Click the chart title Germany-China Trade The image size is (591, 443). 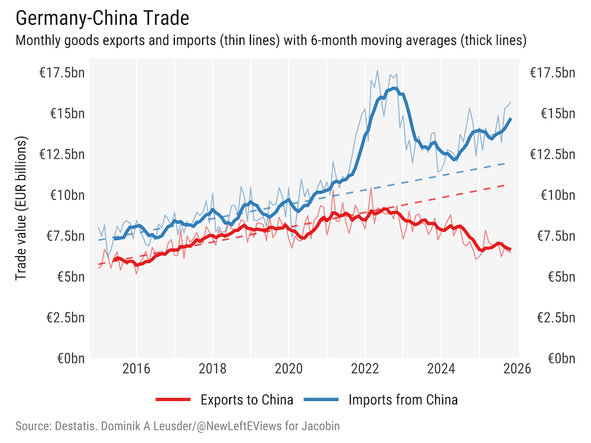click(x=102, y=18)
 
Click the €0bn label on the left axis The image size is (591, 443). click(x=70, y=358)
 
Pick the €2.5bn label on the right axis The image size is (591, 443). click(x=552, y=317)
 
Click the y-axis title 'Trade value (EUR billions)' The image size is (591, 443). click(x=21, y=209)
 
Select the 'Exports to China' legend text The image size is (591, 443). click(x=246, y=399)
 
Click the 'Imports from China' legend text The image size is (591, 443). click(x=403, y=399)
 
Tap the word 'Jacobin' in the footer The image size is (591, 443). click(x=319, y=427)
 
